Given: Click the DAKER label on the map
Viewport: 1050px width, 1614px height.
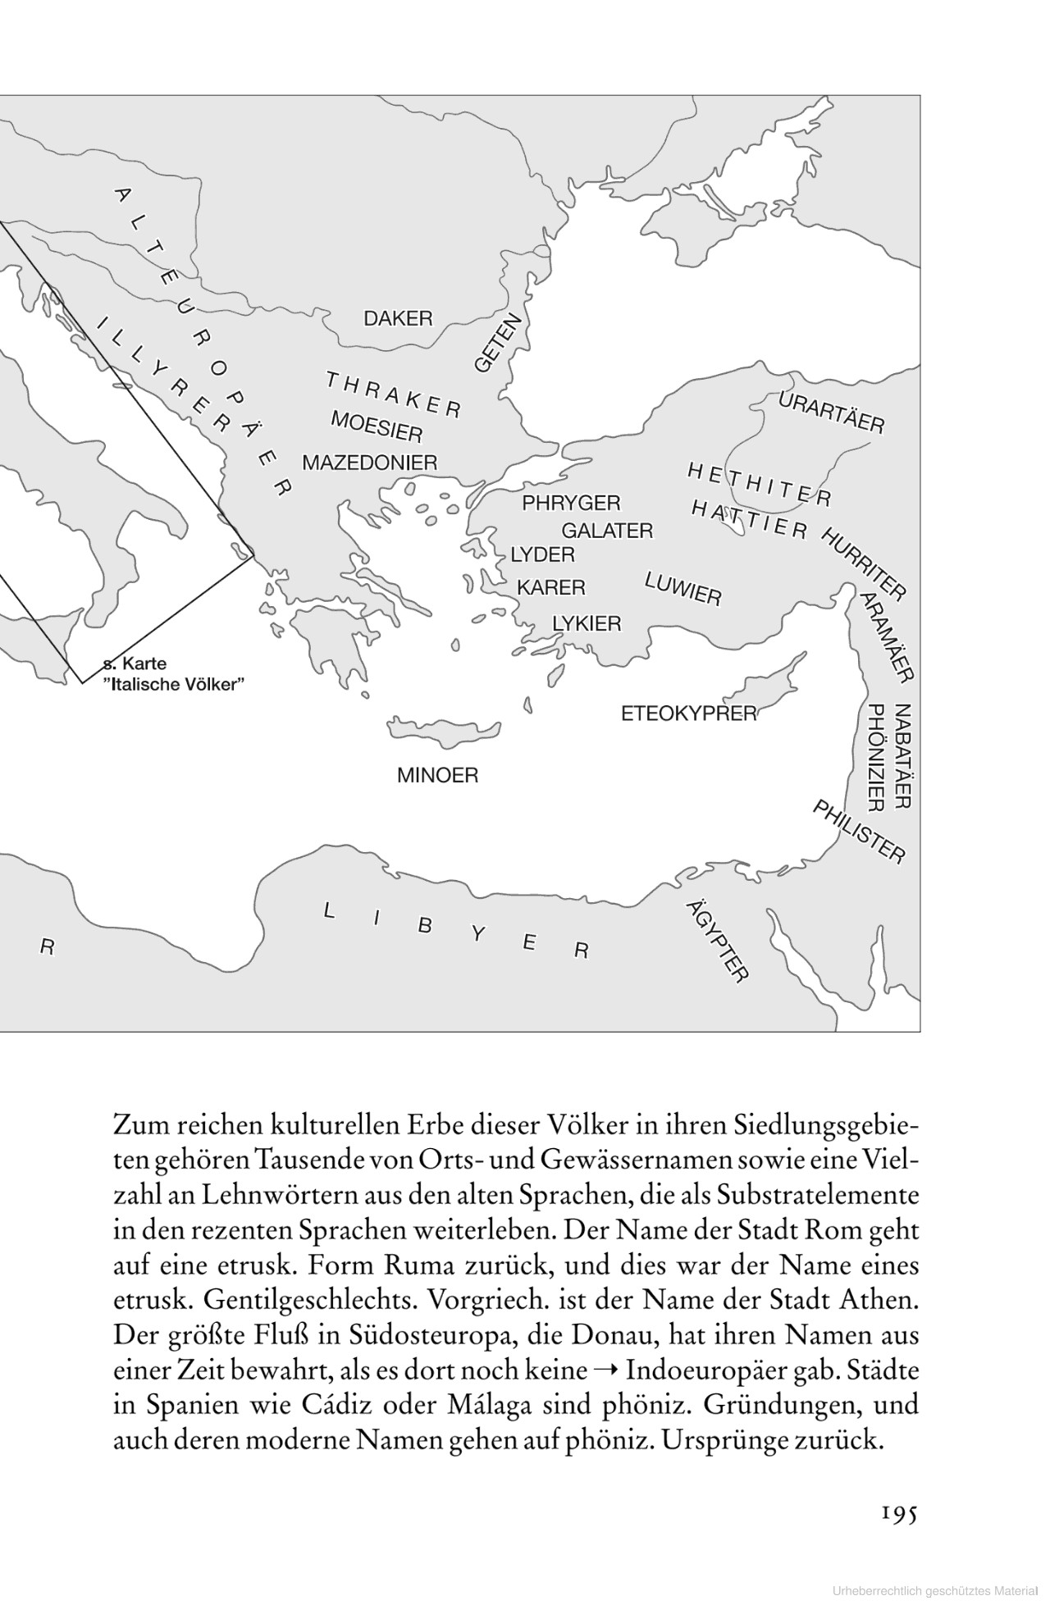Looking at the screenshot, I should [397, 318].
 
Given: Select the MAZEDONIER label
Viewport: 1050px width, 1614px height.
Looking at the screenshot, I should [369, 463].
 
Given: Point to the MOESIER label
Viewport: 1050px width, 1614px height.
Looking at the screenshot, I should [377, 426].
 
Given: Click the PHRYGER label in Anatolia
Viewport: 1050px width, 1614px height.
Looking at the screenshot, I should [571, 502].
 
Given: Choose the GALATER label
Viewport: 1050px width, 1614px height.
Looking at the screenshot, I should [607, 531].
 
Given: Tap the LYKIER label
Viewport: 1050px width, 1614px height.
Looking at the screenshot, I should [587, 624].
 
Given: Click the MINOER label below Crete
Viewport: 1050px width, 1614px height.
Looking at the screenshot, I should [437, 775].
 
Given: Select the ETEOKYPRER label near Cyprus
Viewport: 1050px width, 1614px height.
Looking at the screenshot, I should [688, 714].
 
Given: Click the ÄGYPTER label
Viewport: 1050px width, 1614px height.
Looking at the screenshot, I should [717, 940].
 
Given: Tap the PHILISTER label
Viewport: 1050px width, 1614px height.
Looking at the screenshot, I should [859, 832].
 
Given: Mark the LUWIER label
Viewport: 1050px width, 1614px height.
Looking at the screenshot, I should [682, 588].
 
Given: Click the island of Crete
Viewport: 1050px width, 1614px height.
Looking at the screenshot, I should [444, 729].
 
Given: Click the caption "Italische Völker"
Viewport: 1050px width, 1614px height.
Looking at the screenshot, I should [180, 685].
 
